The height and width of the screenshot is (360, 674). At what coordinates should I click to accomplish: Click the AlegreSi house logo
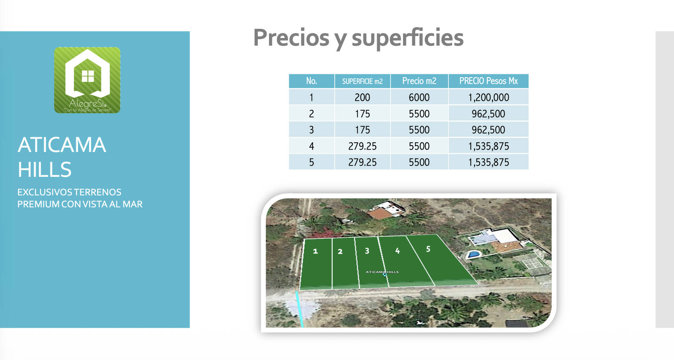pyautogui.click(x=87, y=80)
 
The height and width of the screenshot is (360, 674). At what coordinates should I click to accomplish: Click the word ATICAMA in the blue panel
pyautogui.click(x=62, y=145)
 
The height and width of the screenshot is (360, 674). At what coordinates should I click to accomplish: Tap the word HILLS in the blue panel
pyautogui.click(x=45, y=170)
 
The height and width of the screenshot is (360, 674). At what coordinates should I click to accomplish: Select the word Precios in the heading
pyautogui.click(x=291, y=38)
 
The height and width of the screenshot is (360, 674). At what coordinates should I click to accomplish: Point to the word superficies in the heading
pyautogui.click(x=408, y=38)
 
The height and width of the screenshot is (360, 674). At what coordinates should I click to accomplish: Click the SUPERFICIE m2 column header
pyautogui.click(x=362, y=81)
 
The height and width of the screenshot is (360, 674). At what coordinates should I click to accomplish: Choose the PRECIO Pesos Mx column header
pyautogui.click(x=488, y=81)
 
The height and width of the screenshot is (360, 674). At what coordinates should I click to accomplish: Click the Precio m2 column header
pyautogui.click(x=419, y=81)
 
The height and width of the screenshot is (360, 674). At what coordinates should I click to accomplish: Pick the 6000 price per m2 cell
pyautogui.click(x=419, y=97)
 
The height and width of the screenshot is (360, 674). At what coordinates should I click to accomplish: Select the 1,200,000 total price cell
pyautogui.click(x=488, y=97)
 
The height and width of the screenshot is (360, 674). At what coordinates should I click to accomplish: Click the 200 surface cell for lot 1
pyautogui.click(x=362, y=97)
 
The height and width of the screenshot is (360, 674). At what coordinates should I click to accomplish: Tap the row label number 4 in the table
pyautogui.click(x=311, y=146)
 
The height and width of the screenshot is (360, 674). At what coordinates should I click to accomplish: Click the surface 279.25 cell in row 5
pyautogui.click(x=362, y=162)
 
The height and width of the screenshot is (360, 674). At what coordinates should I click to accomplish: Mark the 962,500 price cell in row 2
pyautogui.click(x=488, y=114)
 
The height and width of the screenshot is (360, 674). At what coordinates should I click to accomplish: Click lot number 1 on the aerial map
pyautogui.click(x=316, y=251)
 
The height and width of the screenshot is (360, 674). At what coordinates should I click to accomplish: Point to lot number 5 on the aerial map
pyautogui.click(x=428, y=249)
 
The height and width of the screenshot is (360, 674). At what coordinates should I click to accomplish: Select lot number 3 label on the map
pyautogui.click(x=367, y=251)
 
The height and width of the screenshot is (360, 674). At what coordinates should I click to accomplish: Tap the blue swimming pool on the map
pyautogui.click(x=473, y=254)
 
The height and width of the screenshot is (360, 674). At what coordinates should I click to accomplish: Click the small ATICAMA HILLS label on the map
pyautogui.click(x=382, y=272)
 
